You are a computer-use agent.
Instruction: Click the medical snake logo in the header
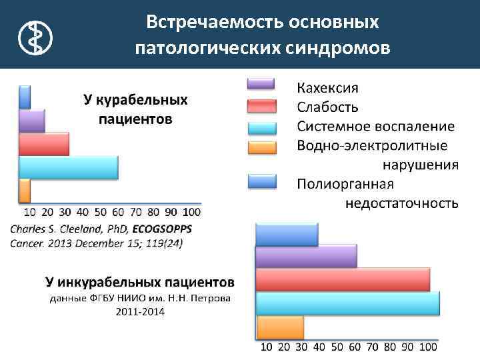click(x=34, y=37)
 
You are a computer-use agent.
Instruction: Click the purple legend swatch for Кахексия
click(x=261, y=84)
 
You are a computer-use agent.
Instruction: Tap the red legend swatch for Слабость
click(x=261, y=106)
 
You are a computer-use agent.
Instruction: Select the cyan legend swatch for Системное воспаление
click(x=261, y=127)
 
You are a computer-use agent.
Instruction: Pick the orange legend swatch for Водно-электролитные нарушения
click(x=261, y=147)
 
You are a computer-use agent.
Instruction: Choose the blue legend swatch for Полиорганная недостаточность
click(x=261, y=182)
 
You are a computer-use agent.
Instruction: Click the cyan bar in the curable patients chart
click(x=69, y=167)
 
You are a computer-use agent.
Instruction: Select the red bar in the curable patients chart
click(x=44, y=144)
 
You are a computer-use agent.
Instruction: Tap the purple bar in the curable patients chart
click(x=32, y=121)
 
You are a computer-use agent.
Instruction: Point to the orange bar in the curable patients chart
click(x=25, y=190)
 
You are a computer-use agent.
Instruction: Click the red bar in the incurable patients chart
click(x=343, y=279)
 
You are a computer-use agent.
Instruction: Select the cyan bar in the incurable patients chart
click(x=347, y=303)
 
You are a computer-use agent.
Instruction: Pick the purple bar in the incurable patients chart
click(x=306, y=256)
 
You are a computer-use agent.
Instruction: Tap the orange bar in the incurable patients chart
click(x=279, y=327)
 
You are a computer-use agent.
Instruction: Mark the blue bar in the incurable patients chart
click(x=287, y=234)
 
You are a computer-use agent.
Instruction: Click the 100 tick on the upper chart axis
click(x=191, y=213)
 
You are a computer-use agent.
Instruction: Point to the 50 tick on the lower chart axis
click(x=337, y=347)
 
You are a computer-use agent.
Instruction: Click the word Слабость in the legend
click(x=328, y=107)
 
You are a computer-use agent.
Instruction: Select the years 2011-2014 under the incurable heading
click(x=140, y=311)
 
